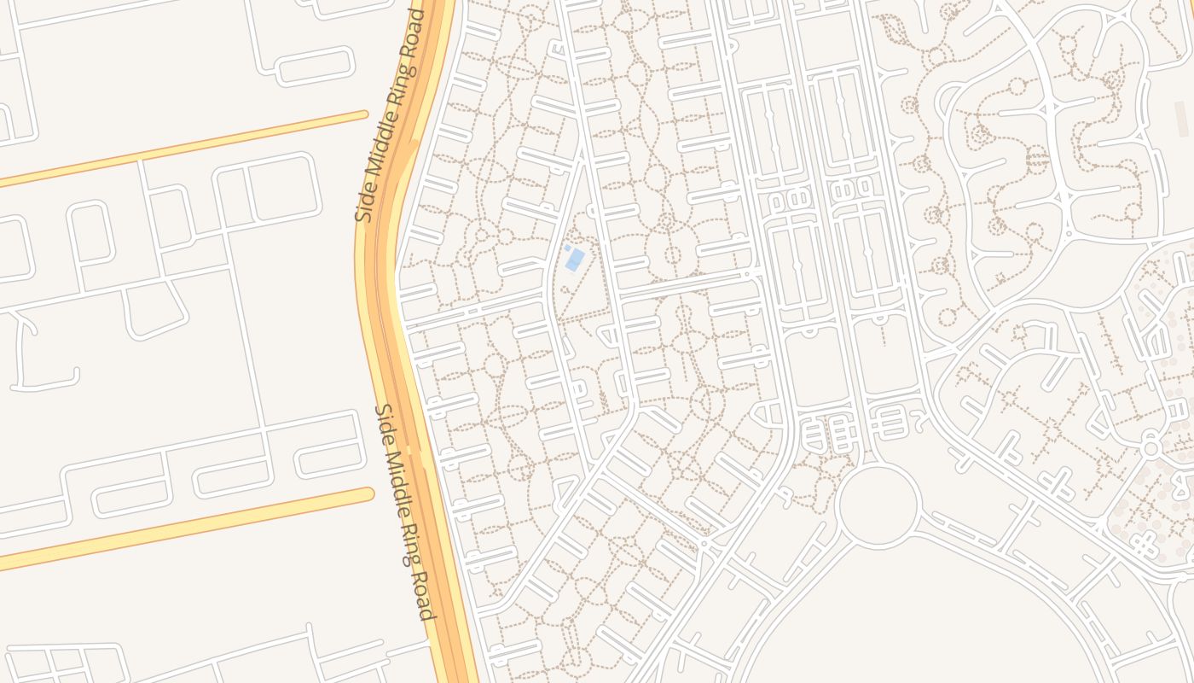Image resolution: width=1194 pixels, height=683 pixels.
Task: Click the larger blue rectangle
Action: [576, 259]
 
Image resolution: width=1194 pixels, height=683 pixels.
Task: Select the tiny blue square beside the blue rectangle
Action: [567, 248]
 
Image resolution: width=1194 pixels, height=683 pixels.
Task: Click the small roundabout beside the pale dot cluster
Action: [1151, 447]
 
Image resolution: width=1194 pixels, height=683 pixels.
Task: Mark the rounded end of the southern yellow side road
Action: [368, 494]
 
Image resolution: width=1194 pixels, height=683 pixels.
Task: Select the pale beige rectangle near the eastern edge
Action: [1181, 120]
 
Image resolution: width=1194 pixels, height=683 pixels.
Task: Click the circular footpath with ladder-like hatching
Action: [1037, 158]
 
